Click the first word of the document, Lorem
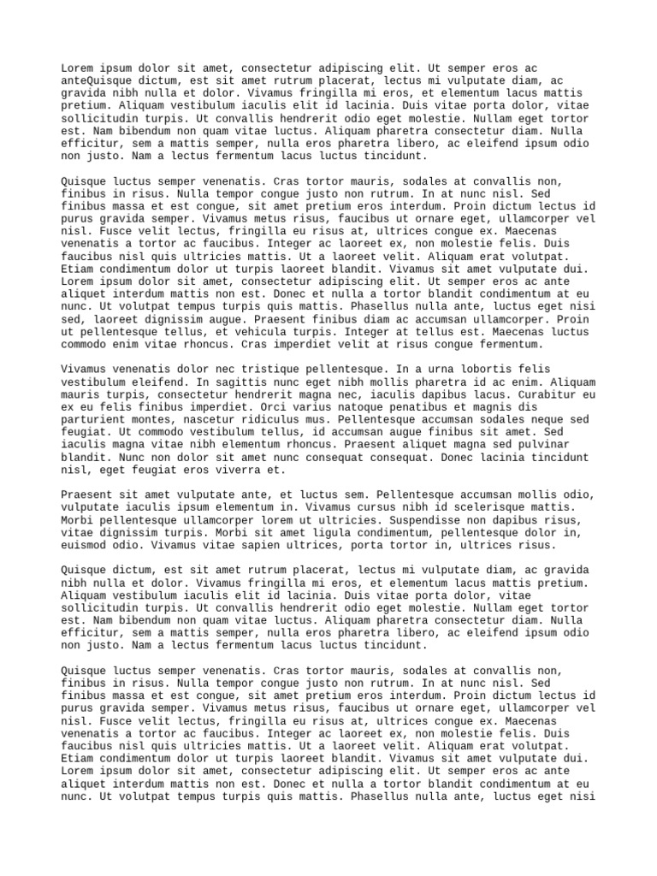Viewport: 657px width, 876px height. (79, 68)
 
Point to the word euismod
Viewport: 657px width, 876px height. (86, 545)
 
